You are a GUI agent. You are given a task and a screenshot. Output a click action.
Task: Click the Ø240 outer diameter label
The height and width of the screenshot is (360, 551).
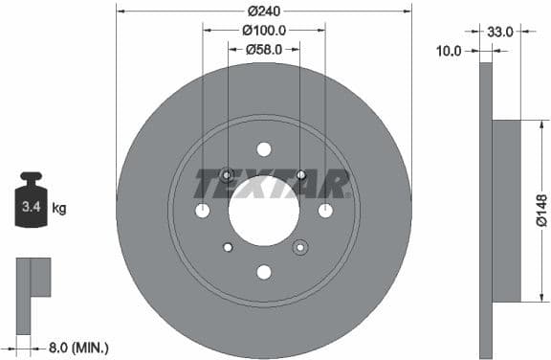tap(263, 11)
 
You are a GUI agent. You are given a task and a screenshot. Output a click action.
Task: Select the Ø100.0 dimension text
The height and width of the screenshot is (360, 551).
tap(263, 31)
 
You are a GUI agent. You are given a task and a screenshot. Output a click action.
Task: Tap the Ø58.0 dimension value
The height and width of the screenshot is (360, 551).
tap(263, 49)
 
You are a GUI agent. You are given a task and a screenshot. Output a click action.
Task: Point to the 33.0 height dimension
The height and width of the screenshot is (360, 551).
tap(499, 32)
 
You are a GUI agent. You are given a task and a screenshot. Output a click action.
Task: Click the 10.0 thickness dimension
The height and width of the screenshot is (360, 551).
tap(449, 50)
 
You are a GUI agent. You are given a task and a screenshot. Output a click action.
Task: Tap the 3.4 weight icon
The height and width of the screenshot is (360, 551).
tap(31, 202)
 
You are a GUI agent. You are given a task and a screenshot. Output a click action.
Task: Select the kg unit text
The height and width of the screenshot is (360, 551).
tap(59, 207)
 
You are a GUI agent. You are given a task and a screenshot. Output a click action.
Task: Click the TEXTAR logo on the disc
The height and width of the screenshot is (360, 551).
tap(272, 182)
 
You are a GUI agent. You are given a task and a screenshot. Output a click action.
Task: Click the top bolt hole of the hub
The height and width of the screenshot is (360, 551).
tap(263, 148)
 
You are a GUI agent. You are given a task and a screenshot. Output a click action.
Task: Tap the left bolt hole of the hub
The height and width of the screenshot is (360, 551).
tap(202, 211)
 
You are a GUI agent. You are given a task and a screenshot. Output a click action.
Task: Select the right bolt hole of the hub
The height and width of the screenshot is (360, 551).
tap(325, 211)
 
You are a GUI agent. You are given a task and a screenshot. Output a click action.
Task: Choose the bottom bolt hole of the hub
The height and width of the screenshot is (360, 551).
tap(263, 272)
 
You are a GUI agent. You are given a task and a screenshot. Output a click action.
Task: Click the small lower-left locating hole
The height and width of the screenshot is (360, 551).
tap(228, 247)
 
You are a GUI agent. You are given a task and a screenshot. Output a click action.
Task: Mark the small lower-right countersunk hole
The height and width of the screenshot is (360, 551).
tap(299, 247)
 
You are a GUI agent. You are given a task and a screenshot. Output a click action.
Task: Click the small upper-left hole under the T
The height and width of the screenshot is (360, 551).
tap(227, 175)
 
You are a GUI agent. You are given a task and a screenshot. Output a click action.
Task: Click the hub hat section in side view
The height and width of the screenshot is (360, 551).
tap(506, 211)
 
